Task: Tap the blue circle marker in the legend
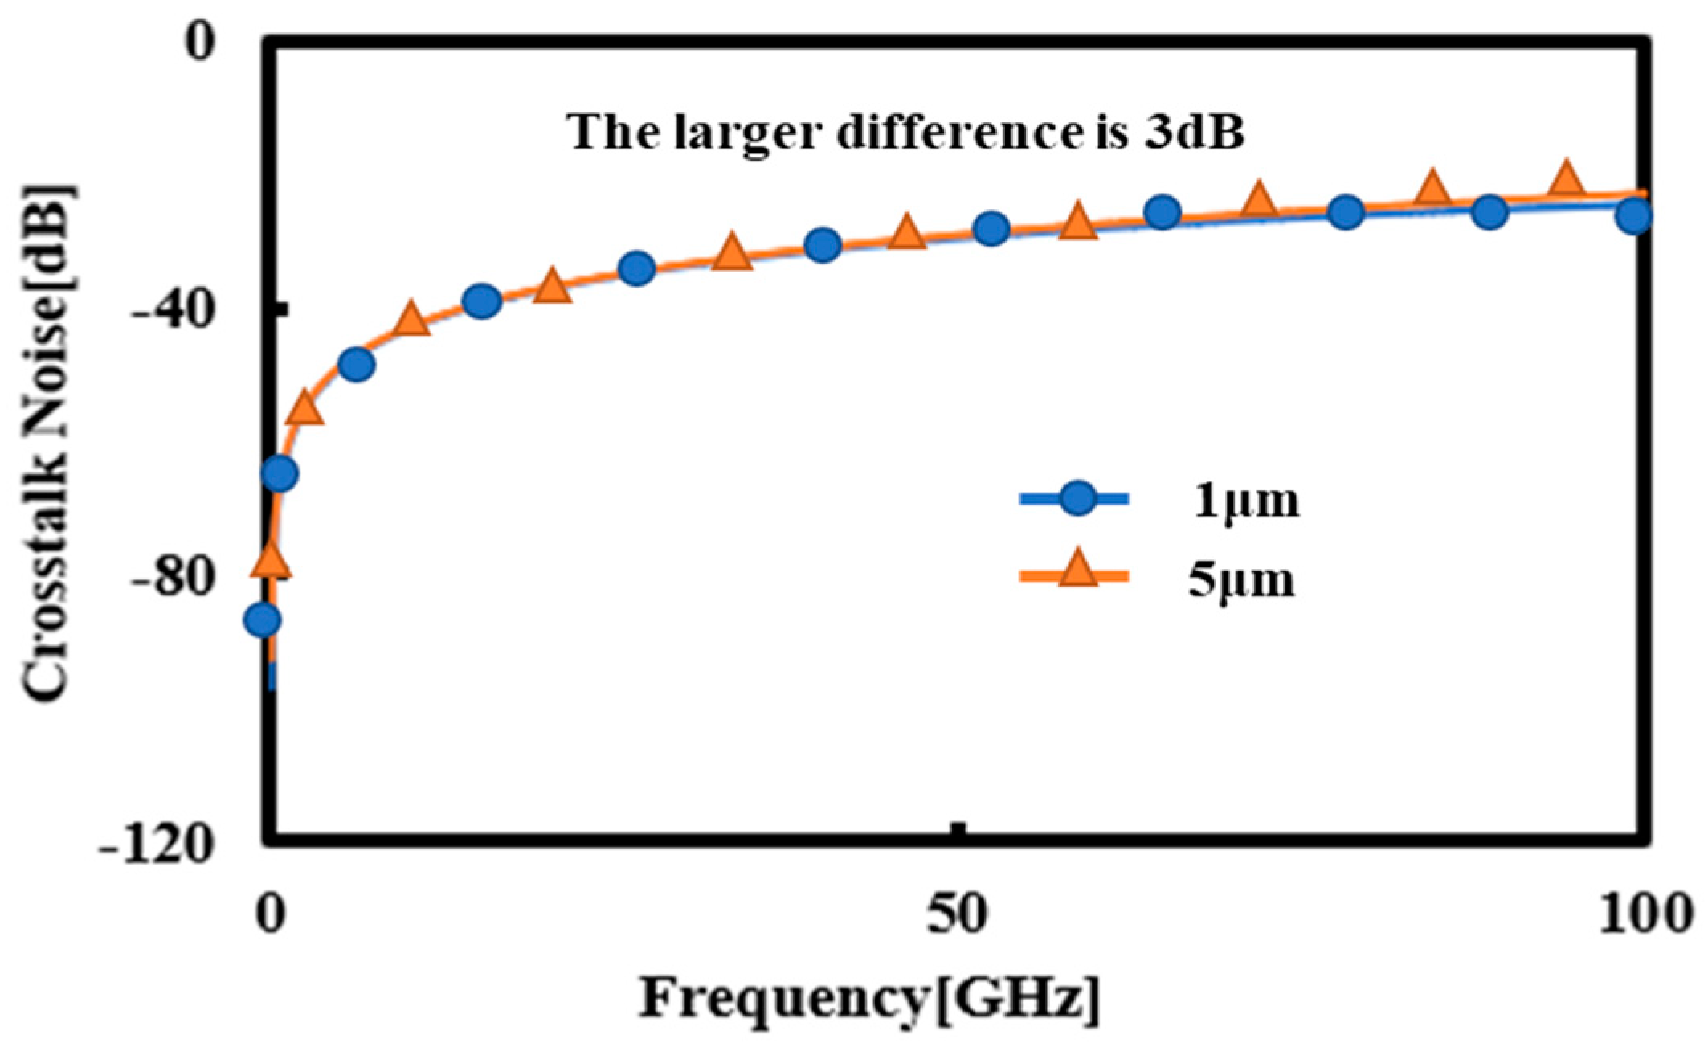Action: tap(1077, 499)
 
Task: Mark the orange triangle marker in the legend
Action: tap(1077, 573)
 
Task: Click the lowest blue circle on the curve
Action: tap(263, 620)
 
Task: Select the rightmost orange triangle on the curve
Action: tap(1566, 178)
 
